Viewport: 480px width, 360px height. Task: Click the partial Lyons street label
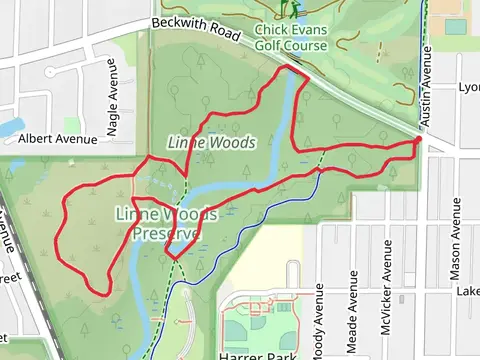click(468, 87)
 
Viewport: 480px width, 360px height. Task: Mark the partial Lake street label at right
click(468, 290)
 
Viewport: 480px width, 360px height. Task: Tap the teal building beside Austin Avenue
click(456, 26)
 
